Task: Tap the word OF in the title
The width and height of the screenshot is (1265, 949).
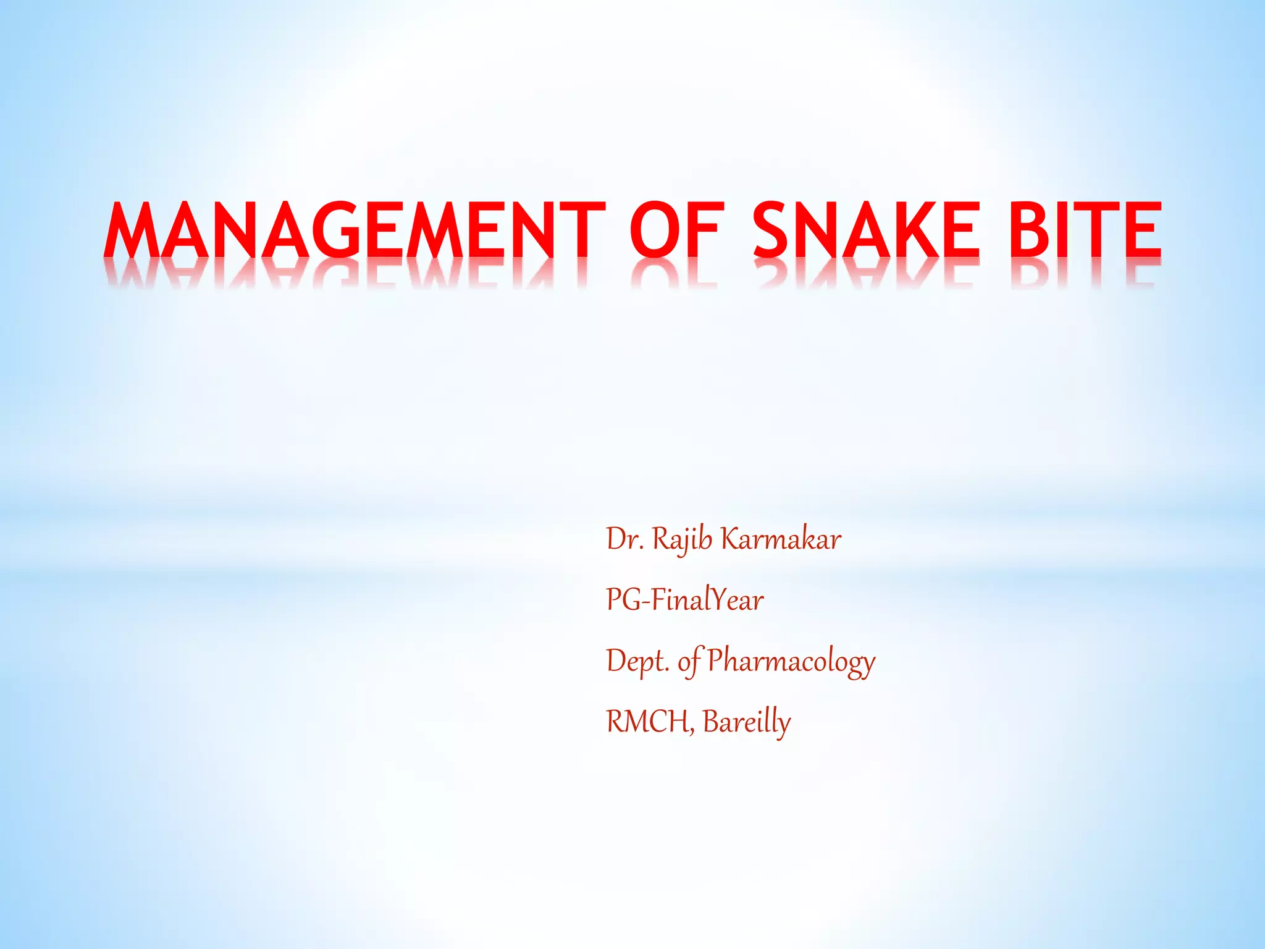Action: tap(676, 230)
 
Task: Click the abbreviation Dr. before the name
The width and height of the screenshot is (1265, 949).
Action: tap(625, 539)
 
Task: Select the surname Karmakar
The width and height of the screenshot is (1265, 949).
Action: tap(781, 539)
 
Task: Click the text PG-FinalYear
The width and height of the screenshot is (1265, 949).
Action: tap(684, 600)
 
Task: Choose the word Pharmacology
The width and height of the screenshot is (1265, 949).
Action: tap(791, 661)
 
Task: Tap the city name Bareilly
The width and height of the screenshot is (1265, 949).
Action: tap(746, 722)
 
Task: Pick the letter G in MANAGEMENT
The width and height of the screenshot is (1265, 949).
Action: tap(339, 230)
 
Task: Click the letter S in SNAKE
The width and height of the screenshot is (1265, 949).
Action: tap(775, 230)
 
